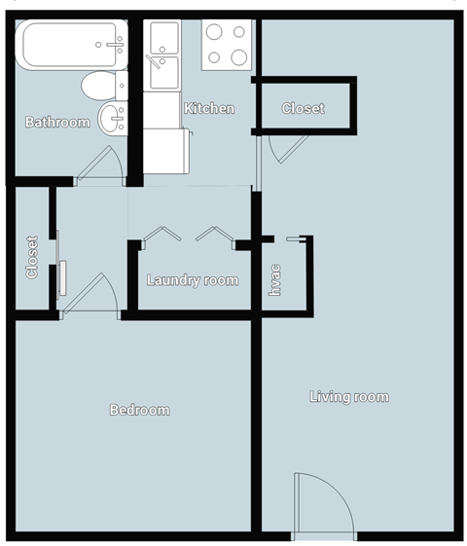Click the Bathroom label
pyautogui.click(x=57, y=123)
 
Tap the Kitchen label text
pyautogui.click(x=209, y=108)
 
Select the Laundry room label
pyautogui.click(x=193, y=280)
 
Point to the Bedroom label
pyautogui.click(x=139, y=410)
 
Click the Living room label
pyautogui.click(x=348, y=396)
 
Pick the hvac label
pyautogui.click(x=275, y=279)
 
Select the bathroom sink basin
pyautogui.click(x=112, y=118)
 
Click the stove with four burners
pyautogui.click(x=226, y=45)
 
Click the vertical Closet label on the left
pyautogui.click(x=32, y=257)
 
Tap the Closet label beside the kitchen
pyautogui.click(x=303, y=108)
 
